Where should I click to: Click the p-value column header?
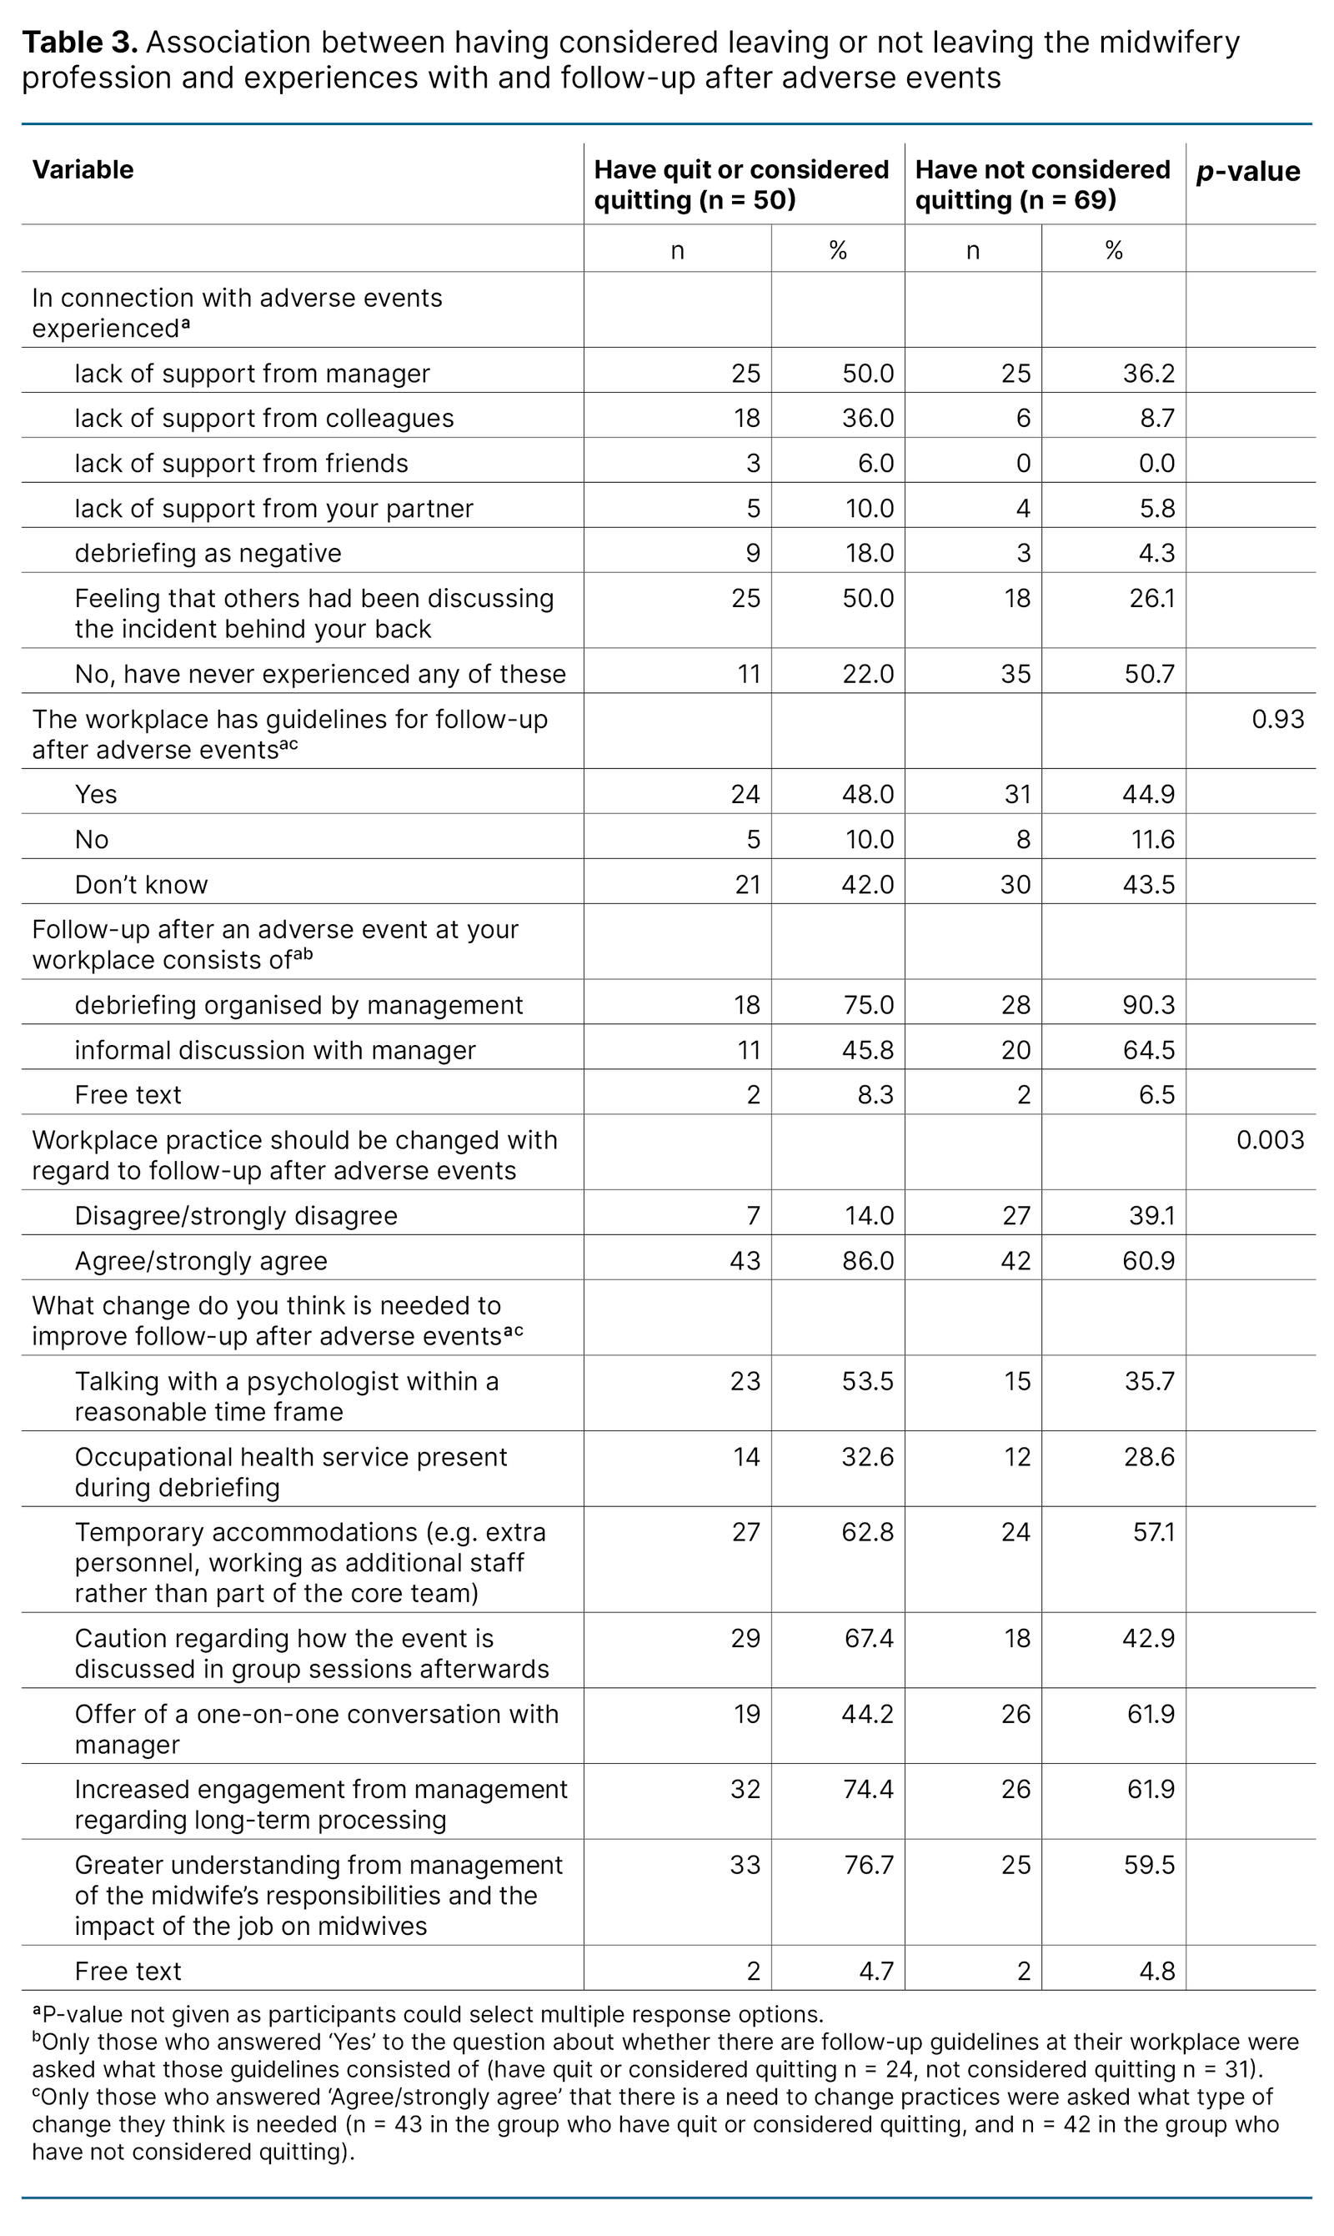1247,172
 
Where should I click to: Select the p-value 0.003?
1269,1140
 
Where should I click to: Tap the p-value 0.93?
1277,719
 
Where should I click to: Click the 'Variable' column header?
83,170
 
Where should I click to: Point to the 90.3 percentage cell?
1148,1005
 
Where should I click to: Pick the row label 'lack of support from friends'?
241,463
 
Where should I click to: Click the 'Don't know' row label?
141,885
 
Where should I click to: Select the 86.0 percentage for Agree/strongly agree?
867,1260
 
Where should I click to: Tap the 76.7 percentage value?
867,1865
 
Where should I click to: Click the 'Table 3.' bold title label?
80,43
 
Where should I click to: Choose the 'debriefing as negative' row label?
208,553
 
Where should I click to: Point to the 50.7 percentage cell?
1149,675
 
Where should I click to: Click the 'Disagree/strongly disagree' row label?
235,1215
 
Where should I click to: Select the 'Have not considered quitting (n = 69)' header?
1042,184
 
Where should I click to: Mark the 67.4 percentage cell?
867,1638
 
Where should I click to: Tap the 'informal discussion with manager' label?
275,1050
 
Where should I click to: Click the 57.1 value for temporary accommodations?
1153,1532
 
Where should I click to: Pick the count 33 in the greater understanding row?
745,1865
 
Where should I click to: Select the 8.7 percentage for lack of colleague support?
1156,418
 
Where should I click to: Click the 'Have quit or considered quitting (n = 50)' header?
740,184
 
